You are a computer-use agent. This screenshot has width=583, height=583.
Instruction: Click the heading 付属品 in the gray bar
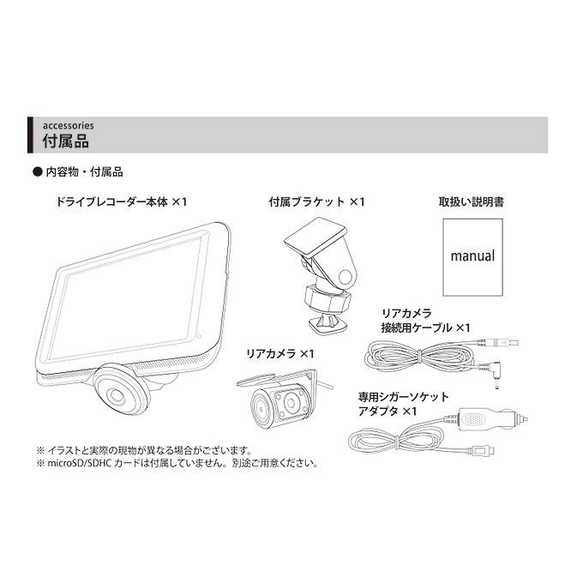[x=65, y=139]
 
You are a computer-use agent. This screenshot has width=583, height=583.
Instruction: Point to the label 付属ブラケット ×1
[x=316, y=201]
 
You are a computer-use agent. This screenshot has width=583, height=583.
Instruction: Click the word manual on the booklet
[x=472, y=255]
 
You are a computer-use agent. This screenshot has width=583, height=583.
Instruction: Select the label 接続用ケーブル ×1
[x=426, y=328]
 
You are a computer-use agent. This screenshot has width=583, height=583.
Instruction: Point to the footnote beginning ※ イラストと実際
[x=141, y=449]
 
